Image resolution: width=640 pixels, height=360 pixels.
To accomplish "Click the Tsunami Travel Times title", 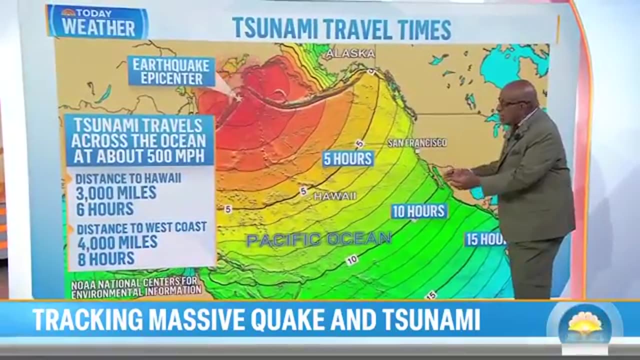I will point(341,29).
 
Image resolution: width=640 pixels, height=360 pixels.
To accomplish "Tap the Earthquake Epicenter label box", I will point(171,71).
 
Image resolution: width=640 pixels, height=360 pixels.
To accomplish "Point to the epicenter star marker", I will point(238,98).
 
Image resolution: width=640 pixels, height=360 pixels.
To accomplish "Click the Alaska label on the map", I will point(349,53).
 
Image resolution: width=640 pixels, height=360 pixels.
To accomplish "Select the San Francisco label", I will point(417,143).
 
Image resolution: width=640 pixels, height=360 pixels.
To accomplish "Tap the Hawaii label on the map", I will point(335,196).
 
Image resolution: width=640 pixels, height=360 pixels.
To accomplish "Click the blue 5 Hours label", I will point(348,159).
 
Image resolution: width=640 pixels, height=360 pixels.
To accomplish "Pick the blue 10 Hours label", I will point(419,211).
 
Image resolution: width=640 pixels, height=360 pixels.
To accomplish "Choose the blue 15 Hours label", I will point(485,239).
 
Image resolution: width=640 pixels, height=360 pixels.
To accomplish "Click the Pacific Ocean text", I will point(318,239).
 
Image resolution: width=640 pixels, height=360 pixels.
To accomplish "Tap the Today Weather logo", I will point(97,22).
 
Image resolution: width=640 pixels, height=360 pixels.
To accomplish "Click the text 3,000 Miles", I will point(116,192).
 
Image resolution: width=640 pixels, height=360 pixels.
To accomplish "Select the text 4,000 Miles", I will point(117,242).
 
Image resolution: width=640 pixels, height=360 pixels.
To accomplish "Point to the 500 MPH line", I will point(139,156).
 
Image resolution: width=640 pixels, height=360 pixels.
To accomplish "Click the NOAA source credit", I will point(136,287).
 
